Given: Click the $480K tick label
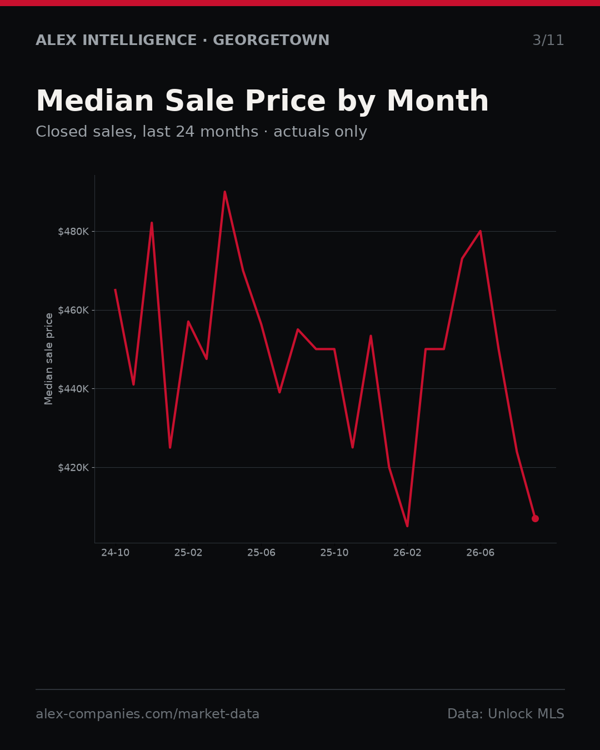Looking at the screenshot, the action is (73, 232).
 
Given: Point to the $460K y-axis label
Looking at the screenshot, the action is (73, 310).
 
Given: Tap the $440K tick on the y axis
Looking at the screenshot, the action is (73, 388).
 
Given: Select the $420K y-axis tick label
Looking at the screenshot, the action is (73, 467).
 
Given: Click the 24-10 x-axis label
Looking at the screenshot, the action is (116, 553).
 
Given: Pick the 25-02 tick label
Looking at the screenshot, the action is (188, 553).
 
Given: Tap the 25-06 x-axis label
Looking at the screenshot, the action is (262, 553).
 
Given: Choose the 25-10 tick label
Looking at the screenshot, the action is (334, 553).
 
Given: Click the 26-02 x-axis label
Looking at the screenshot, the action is (407, 553).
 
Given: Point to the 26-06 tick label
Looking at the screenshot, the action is (481, 553).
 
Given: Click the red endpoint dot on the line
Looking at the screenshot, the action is (535, 518).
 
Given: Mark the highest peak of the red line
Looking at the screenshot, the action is (225, 192).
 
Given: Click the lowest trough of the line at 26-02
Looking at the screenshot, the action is (407, 526).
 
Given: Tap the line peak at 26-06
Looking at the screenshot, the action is (481, 231).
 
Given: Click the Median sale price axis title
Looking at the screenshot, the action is (48, 359).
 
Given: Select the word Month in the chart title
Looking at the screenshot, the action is (438, 101).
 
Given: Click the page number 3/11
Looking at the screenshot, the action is (548, 40).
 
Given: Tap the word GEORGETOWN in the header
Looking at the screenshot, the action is (271, 40).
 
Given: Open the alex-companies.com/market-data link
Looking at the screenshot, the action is (147, 714).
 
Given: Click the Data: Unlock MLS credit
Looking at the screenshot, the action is (506, 714).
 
